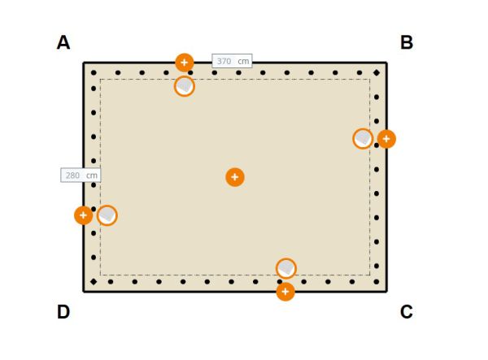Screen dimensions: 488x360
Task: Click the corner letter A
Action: [63, 42]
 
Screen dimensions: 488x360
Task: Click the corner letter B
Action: [407, 42]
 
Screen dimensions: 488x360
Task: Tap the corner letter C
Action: [406, 312]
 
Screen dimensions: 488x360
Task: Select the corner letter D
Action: [63, 312]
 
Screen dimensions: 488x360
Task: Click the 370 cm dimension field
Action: [232, 61]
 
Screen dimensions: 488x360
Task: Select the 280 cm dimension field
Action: [81, 175]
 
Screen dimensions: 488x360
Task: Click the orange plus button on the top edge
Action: [185, 63]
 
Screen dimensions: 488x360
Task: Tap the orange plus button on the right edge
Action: [386, 139]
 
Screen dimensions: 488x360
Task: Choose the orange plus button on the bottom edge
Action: [285, 292]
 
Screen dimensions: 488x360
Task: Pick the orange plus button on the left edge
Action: [84, 215]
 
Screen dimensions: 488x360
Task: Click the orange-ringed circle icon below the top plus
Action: [185, 86]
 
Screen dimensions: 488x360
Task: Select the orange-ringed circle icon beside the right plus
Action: [363, 139]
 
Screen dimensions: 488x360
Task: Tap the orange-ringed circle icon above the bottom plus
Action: [286, 268]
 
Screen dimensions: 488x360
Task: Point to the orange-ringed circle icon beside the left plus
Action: [107, 215]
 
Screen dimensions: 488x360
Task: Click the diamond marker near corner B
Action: [377, 73]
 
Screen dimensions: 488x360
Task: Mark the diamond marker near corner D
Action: [94, 282]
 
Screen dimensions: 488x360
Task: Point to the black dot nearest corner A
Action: [94, 73]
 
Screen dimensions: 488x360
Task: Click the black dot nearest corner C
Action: [377, 282]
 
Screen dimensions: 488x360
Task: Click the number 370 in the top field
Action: [224, 61]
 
